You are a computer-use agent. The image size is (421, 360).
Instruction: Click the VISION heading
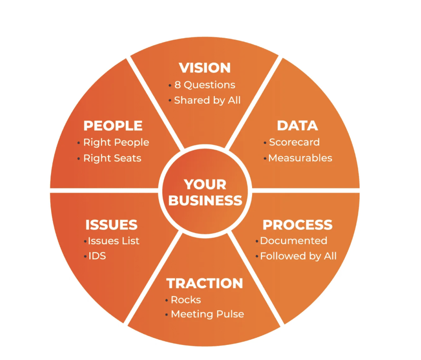(x=205, y=68)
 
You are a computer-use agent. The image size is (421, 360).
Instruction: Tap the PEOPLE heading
(x=113, y=125)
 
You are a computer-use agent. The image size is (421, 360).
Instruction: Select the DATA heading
(x=297, y=125)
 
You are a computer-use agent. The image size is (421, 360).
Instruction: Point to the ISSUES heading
(x=111, y=224)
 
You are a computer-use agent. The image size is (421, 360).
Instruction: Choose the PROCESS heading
(x=298, y=224)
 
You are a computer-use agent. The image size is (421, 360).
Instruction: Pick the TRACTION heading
(x=204, y=283)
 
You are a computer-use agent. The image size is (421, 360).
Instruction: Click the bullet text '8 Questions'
(x=204, y=85)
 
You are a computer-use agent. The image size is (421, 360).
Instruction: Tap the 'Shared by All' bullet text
(x=207, y=100)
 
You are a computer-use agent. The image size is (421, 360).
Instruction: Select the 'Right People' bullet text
(x=116, y=142)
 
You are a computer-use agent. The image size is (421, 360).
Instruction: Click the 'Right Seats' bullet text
(x=112, y=158)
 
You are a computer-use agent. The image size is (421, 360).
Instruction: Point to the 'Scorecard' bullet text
(x=294, y=142)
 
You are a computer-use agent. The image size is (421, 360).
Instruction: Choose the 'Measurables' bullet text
(x=300, y=158)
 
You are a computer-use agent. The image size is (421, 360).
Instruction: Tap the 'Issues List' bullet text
(x=114, y=241)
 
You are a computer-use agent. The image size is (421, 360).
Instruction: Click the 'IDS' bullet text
(x=97, y=256)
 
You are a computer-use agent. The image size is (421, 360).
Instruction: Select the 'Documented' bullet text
(x=293, y=241)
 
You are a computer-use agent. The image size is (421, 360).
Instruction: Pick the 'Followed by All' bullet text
(x=298, y=256)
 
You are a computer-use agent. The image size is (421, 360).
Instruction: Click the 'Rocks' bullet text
(x=185, y=300)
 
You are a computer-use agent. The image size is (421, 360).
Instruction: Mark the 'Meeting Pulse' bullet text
(x=207, y=314)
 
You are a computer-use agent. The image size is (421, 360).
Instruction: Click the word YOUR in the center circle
(x=205, y=184)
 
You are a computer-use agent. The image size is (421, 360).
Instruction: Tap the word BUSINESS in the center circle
(x=205, y=201)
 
